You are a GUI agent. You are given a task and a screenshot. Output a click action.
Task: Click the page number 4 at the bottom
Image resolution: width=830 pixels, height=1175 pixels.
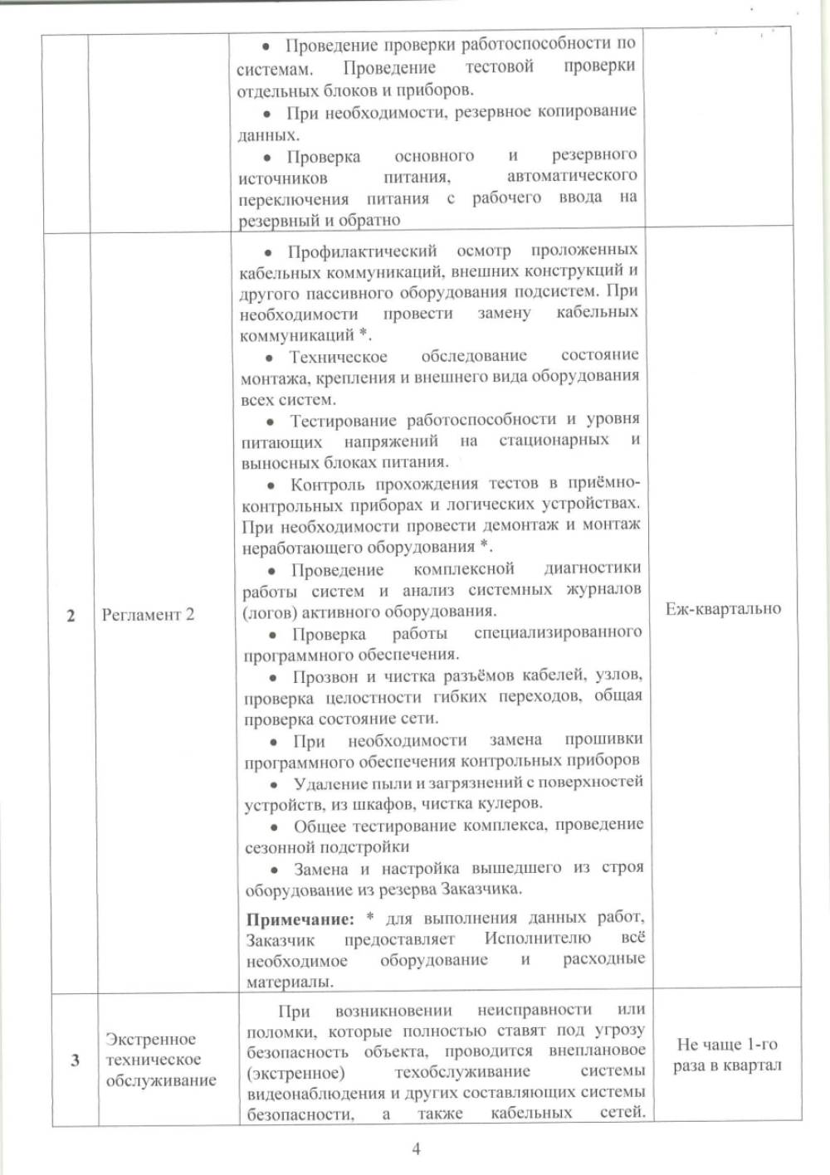416,1148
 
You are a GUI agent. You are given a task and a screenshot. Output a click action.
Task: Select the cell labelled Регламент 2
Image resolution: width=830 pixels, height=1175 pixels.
148,615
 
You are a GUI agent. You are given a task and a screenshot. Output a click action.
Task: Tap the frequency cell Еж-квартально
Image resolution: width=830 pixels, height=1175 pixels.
723,609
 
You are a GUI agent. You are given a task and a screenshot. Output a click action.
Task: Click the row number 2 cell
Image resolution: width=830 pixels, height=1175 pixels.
71,616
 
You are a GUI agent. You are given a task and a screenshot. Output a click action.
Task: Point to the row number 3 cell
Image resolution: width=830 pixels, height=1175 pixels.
76,1060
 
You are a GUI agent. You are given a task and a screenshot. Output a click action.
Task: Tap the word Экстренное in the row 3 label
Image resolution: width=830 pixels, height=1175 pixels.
150,1039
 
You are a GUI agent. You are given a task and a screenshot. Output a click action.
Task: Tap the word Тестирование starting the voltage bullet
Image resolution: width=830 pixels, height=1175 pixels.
343,420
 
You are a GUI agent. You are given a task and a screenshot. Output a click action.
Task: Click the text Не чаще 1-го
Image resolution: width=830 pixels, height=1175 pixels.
727,1044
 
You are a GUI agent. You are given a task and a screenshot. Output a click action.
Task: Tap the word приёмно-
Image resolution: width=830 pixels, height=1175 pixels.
604,483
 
